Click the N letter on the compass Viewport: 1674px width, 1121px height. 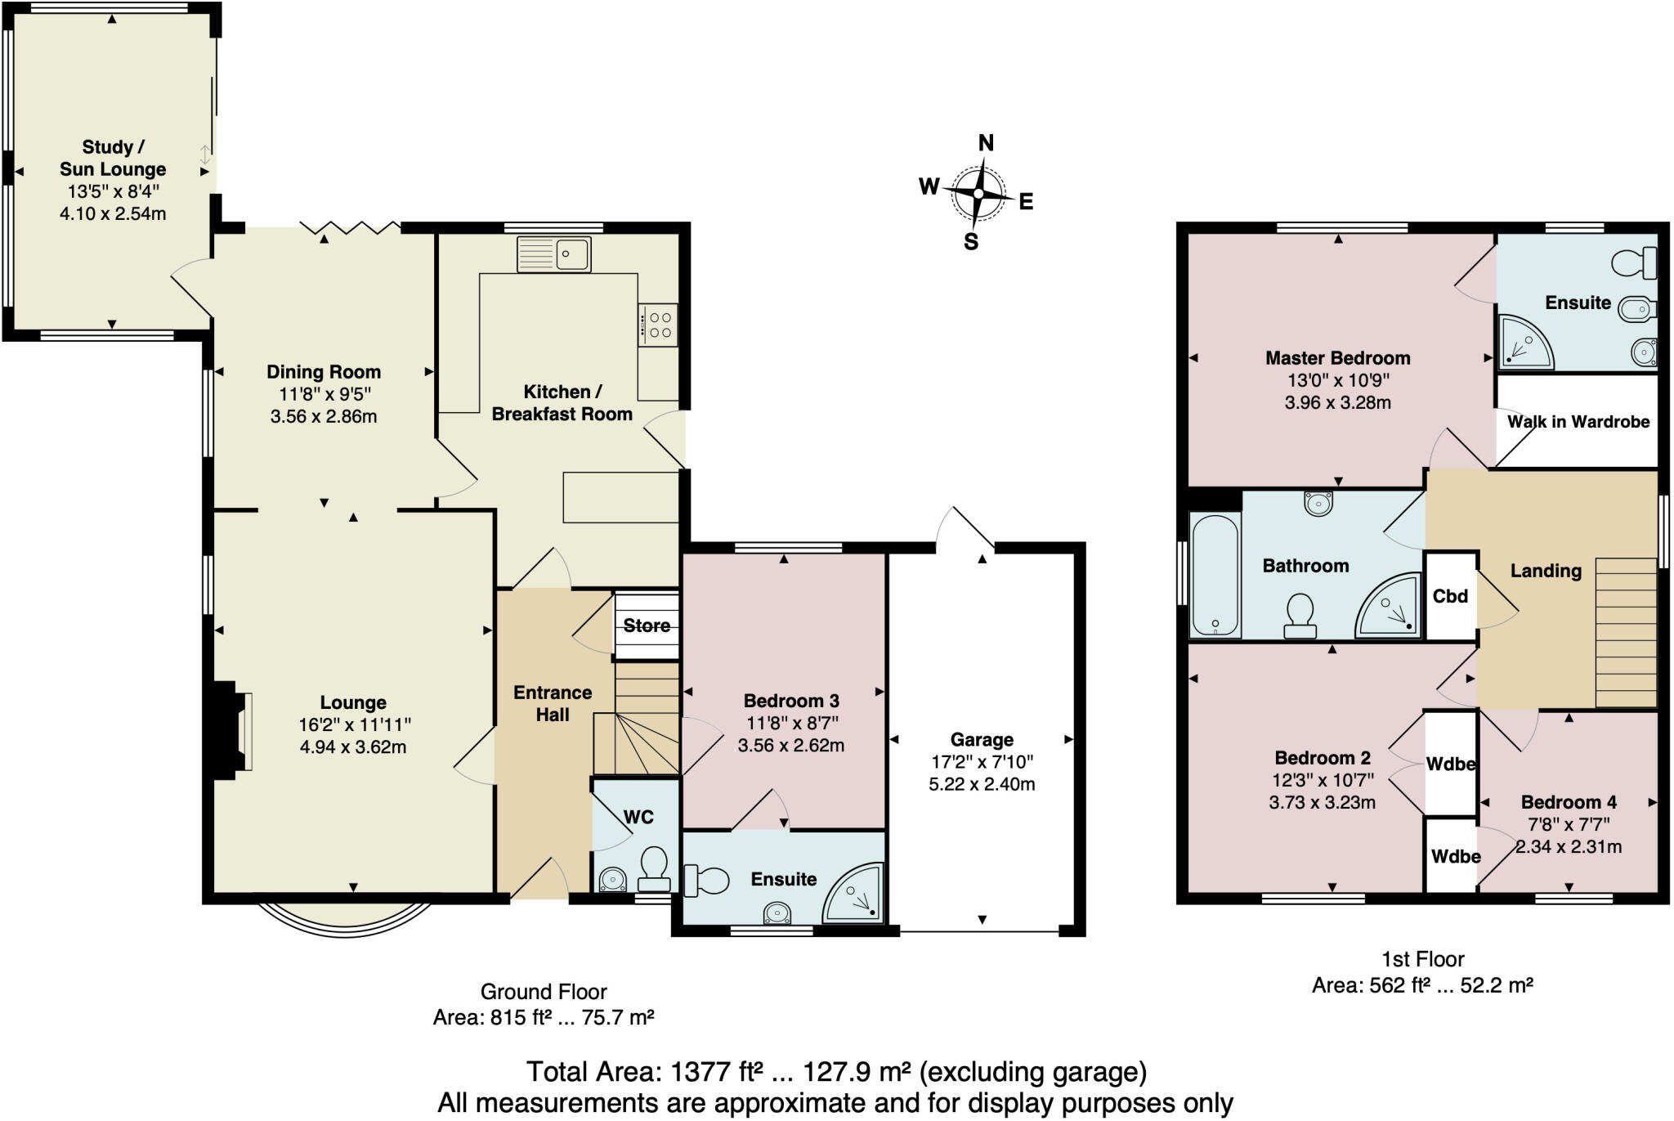pyautogui.click(x=986, y=143)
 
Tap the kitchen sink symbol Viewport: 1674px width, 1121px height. pyautogui.click(x=553, y=254)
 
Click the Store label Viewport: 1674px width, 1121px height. pyautogui.click(x=647, y=626)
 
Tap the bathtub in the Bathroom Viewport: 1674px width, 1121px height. pyautogui.click(x=1215, y=574)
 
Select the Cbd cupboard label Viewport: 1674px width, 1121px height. pyautogui.click(x=1450, y=596)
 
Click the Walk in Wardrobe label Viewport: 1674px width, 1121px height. pyautogui.click(x=1578, y=422)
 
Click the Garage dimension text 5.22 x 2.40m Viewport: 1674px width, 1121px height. pyautogui.click(x=982, y=784)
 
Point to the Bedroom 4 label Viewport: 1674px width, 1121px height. pyautogui.click(x=1569, y=802)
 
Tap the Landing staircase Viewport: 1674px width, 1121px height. pyautogui.click(x=1625, y=632)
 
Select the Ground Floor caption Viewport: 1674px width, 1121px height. pyautogui.click(x=544, y=992)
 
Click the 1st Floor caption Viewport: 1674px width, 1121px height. pyautogui.click(x=1422, y=959)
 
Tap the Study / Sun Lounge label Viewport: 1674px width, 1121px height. pyautogui.click(x=113, y=158)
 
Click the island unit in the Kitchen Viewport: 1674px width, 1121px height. pyautogui.click(x=620, y=496)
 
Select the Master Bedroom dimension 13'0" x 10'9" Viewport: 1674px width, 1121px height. pyautogui.click(x=1338, y=380)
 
